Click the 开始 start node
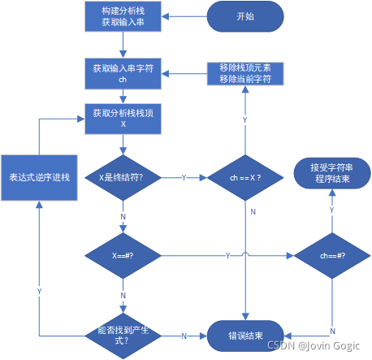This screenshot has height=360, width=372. [244, 16]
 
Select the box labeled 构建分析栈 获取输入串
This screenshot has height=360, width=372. [122, 16]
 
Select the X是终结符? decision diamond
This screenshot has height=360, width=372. [122, 176]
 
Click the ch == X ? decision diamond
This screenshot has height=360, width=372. [244, 176]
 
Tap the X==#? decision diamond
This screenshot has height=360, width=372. [122, 255]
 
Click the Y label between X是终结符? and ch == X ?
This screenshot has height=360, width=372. [184, 176]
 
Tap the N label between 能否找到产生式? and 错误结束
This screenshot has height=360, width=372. [184, 336]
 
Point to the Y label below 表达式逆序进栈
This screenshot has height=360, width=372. [39, 290]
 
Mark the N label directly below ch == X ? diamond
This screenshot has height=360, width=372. [253, 212]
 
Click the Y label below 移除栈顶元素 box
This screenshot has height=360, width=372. [244, 119]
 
